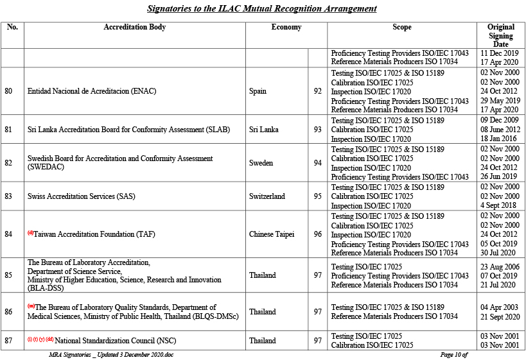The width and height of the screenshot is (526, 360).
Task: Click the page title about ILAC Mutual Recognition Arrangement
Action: pyautogui.click(x=261, y=9)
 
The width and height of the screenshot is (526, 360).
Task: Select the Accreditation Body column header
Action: pyautogui.click(x=134, y=28)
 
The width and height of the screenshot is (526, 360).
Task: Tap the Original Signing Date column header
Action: pyautogui.click(x=500, y=35)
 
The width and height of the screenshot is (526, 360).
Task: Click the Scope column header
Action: pyautogui.click(x=401, y=28)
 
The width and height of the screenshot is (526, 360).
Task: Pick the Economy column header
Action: pyautogui.click(x=286, y=28)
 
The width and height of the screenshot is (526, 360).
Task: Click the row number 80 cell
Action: pyautogui.click(x=9, y=91)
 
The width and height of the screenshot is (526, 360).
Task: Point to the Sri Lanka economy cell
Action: pyautogui.click(x=264, y=130)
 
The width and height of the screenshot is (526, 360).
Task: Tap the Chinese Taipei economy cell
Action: pyautogui.click(x=272, y=234)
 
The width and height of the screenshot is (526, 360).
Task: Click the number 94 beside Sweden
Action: pyautogui.click(x=317, y=163)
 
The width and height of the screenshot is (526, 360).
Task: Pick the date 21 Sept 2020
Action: pyautogui.click(x=500, y=316)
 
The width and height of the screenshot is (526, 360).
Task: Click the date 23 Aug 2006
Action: pyautogui.click(x=500, y=266)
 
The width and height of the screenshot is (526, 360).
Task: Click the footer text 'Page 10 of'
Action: pyautogui.click(x=453, y=354)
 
